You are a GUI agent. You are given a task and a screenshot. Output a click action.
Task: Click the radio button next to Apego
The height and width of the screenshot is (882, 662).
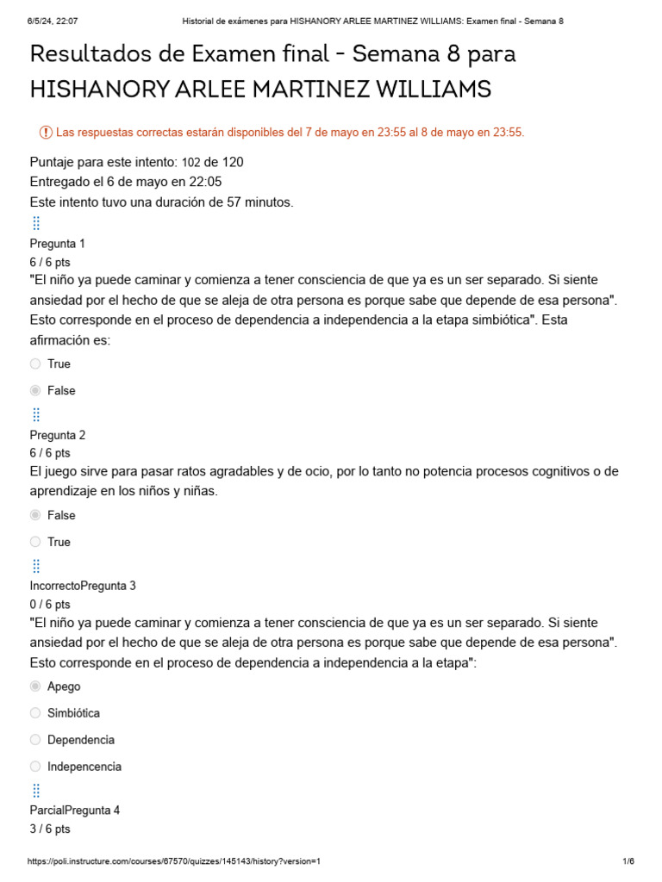pos(35,686)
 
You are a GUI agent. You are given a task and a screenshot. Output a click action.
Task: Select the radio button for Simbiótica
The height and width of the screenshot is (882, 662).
pos(35,713)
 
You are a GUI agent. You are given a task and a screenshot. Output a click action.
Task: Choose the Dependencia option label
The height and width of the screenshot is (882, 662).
pos(81,740)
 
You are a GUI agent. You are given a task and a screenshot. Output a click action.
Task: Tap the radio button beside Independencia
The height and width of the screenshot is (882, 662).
pos(35,767)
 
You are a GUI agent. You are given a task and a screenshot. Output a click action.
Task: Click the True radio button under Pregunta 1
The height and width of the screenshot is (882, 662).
pos(35,363)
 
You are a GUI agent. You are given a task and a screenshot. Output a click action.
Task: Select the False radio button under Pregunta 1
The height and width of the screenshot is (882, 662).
pos(35,390)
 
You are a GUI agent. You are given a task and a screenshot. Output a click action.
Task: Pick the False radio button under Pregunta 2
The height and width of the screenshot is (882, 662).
pos(35,515)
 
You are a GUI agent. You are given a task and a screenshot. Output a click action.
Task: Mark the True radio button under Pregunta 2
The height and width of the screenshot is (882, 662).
pos(35,542)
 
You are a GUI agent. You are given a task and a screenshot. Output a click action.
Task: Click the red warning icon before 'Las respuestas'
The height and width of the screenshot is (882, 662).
pos(46,132)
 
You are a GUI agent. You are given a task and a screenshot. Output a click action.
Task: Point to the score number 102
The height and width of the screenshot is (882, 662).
pos(191,162)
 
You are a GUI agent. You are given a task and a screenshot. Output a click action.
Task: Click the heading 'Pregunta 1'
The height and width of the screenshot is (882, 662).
pos(57,244)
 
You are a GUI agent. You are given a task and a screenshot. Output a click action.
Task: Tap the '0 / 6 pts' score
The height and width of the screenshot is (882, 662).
pos(50,604)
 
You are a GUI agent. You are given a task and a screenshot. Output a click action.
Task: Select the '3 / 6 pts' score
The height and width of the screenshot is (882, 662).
pos(50,829)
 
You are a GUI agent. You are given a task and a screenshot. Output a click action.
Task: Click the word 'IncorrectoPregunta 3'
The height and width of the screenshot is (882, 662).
pos(83,586)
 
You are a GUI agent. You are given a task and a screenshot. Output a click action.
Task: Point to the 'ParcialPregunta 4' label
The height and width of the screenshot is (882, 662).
pos(75,811)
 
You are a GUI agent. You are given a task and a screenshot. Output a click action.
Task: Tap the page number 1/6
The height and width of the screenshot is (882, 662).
pos(628,861)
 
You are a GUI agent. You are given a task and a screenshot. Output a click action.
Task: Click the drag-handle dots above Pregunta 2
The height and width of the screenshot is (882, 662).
pos(36,416)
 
